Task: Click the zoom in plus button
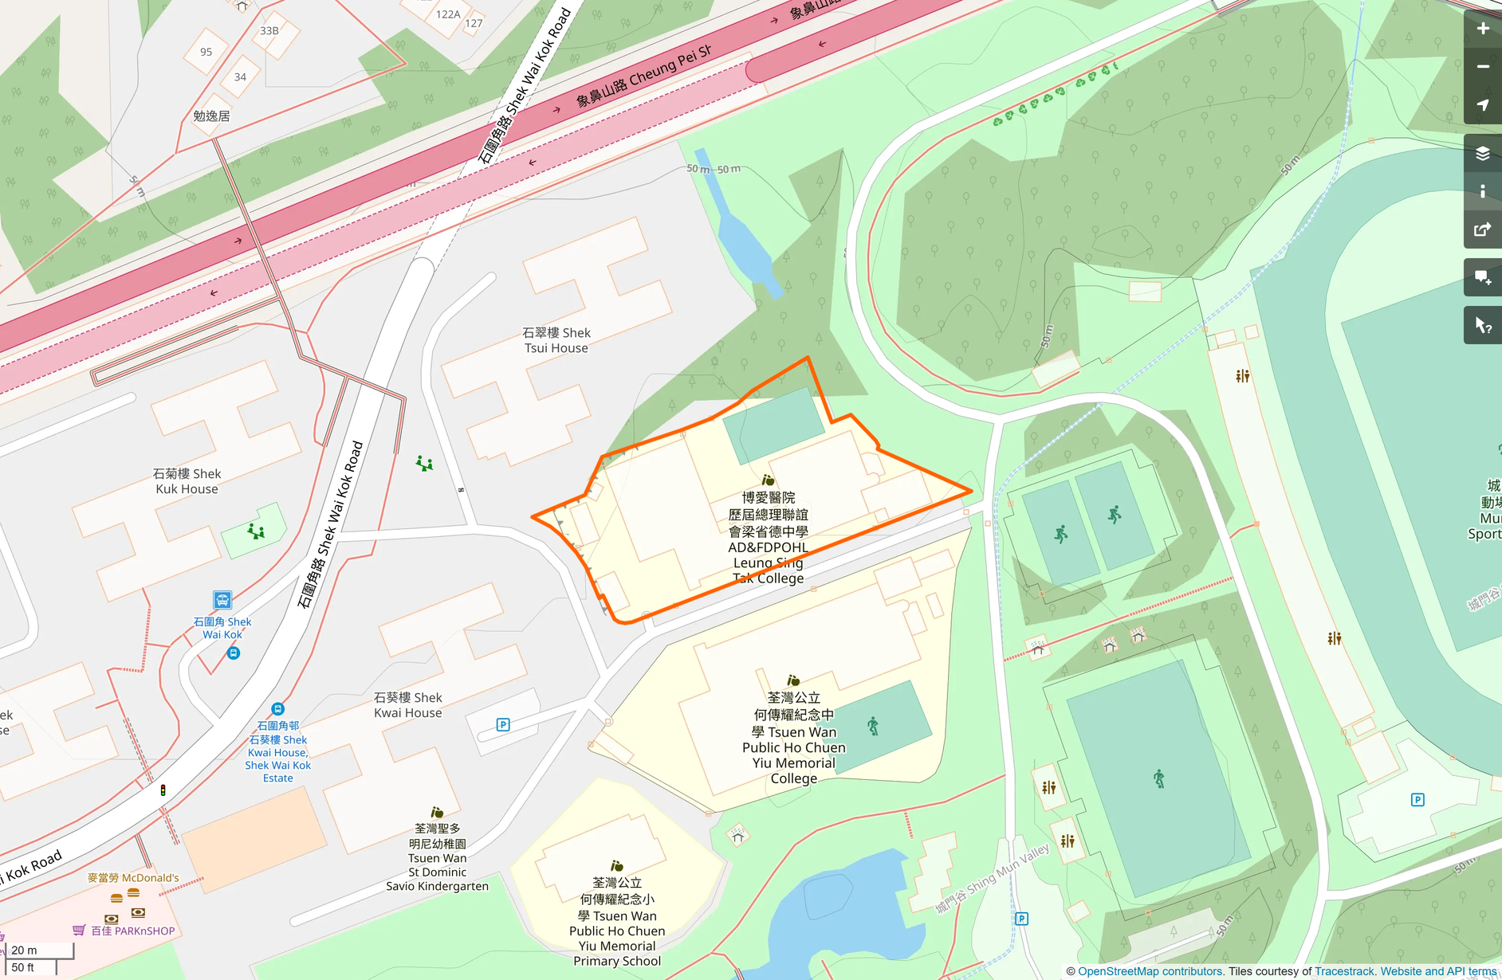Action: [x=1482, y=29]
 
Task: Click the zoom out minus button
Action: [x=1482, y=67]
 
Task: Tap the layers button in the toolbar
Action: [x=1482, y=154]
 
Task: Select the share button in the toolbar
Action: [x=1482, y=230]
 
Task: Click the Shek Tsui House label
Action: [x=556, y=340]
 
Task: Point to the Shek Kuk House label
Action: [x=187, y=481]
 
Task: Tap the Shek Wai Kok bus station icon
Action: [x=222, y=599]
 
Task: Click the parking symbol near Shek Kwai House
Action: [x=503, y=724]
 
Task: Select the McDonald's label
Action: [x=133, y=878]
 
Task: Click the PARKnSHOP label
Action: [x=132, y=931]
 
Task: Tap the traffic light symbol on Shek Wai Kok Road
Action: [x=163, y=790]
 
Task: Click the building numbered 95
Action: [x=206, y=53]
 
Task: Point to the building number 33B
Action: [x=269, y=31]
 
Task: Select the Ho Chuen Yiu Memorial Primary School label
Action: [x=617, y=922]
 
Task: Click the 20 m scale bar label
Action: [x=24, y=950]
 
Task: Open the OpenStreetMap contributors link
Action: [x=1150, y=971]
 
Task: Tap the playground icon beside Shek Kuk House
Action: [x=256, y=531]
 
